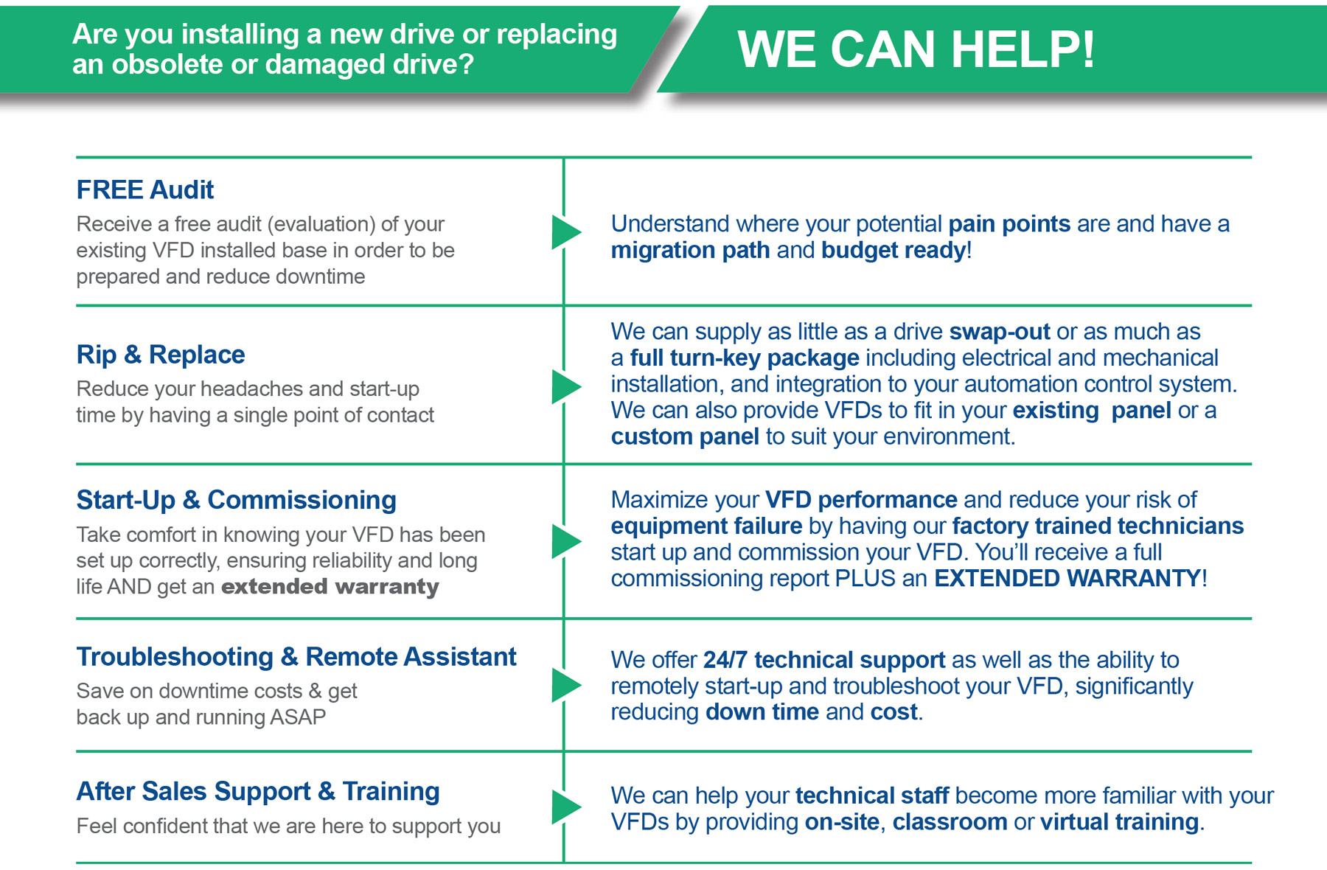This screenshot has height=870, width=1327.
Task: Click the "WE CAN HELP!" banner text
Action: pos(916,49)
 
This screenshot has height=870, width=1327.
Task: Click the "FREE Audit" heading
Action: pos(145,190)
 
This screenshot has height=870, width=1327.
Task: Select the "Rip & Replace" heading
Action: pos(161,355)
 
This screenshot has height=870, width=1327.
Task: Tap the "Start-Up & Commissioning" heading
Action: pos(237,500)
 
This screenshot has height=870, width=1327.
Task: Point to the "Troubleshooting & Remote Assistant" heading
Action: pos(296,656)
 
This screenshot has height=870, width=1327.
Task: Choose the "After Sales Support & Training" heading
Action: pos(258,791)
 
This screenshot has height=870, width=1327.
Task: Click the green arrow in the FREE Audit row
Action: pos(565,232)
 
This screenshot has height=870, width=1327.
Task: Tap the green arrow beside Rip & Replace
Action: pos(565,387)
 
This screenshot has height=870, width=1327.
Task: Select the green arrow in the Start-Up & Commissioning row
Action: pos(565,542)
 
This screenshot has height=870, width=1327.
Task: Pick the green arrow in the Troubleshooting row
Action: pos(565,685)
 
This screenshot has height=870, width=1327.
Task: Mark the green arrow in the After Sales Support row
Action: pos(565,807)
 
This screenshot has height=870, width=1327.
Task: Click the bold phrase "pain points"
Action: pos(1009,224)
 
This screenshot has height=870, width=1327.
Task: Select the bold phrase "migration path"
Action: pos(690,251)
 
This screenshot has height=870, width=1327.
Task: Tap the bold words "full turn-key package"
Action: pos(745,358)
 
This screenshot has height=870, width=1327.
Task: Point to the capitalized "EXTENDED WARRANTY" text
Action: pos(1067,578)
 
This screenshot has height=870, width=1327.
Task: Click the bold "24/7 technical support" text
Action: pos(823,660)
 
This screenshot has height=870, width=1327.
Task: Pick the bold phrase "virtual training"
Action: pos(1119,822)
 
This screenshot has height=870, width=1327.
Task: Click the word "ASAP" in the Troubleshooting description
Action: pos(298,717)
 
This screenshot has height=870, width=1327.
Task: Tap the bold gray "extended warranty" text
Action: pos(330,587)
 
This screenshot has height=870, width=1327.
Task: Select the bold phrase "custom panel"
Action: pos(685,436)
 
